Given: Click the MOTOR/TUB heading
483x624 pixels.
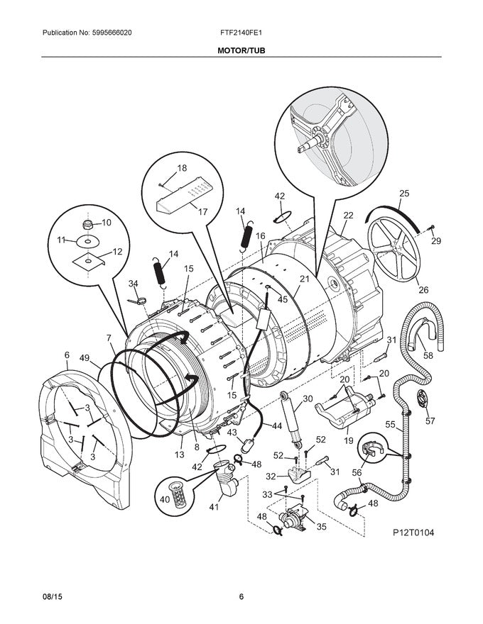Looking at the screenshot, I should coord(241,51).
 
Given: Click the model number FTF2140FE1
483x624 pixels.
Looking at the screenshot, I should coord(241,33).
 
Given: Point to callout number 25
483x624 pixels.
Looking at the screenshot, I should coord(404,193).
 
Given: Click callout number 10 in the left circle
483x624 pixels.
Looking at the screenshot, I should coord(107,223).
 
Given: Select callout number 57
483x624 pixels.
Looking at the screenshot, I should coord(429,420).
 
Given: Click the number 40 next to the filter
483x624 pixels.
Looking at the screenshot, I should coord(164,499).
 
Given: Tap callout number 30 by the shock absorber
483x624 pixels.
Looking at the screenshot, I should coord(307,399).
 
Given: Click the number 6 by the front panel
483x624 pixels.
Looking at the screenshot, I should coord(67,355).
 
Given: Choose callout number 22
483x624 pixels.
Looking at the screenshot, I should coord(348,216).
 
